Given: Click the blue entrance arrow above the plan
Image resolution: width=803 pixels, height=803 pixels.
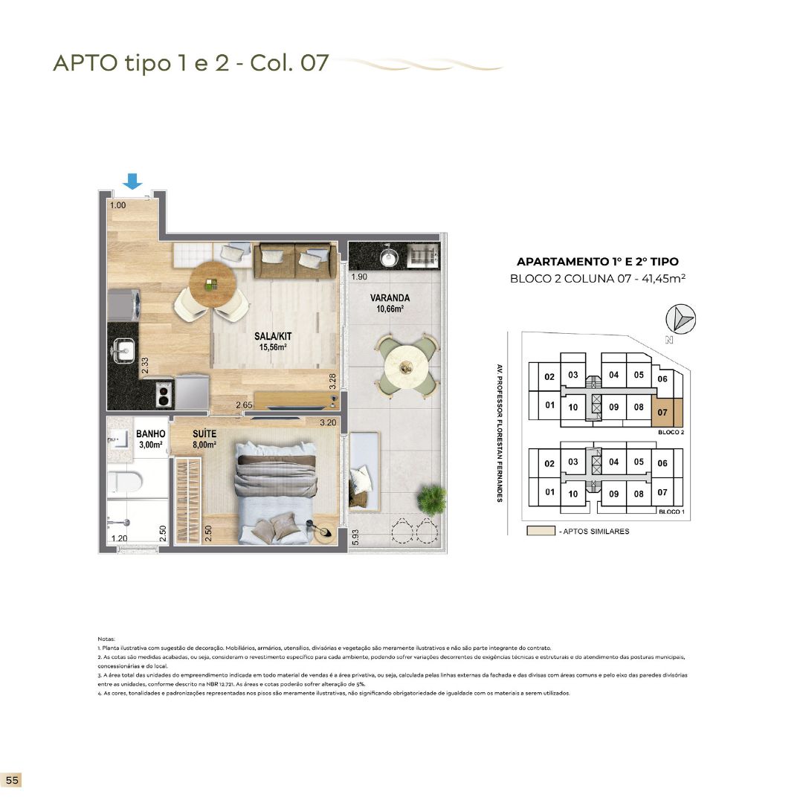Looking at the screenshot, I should [132, 181].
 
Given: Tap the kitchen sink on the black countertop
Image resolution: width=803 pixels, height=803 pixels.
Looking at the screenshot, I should [123, 347].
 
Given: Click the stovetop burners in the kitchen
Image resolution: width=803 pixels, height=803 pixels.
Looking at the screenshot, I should [164, 393].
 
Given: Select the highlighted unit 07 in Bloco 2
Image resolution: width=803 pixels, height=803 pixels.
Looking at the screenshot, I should [662, 411].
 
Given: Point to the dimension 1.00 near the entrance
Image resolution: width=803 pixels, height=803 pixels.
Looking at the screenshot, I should [117, 204].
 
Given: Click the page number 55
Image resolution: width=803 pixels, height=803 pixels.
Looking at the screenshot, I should [12, 780].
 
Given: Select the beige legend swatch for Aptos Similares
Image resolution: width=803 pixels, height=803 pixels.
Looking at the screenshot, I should [540, 532].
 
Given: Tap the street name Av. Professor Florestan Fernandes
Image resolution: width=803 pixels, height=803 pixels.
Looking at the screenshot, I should [500, 433].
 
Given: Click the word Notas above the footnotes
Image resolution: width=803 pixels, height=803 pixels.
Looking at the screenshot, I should [107, 639].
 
